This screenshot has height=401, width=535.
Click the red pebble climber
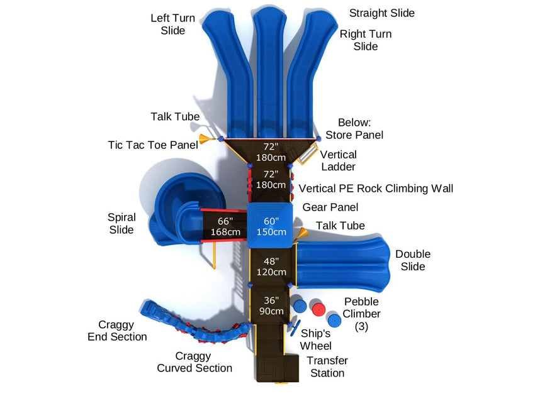(318, 310)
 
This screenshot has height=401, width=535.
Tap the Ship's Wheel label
(316, 339)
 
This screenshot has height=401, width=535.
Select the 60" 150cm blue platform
(271, 226)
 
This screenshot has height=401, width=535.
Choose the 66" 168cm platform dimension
(226, 226)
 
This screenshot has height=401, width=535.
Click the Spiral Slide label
(121, 224)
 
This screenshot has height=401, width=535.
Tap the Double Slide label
(413, 260)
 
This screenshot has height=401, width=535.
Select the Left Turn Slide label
(172, 25)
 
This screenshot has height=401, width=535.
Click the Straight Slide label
(382, 13)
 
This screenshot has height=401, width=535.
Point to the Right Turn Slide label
(366, 40)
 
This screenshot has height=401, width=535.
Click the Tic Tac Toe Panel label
(153, 145)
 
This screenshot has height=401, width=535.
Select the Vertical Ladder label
(339, 160)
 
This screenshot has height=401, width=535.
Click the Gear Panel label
(330, 207)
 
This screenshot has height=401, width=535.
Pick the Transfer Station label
(327, 366)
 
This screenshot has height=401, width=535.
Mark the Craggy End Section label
(117, 331)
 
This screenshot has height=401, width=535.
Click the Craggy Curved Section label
(194, 362)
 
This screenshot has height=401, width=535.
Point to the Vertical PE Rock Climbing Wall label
(376, 188)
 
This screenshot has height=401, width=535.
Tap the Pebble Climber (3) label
(361, 314)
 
